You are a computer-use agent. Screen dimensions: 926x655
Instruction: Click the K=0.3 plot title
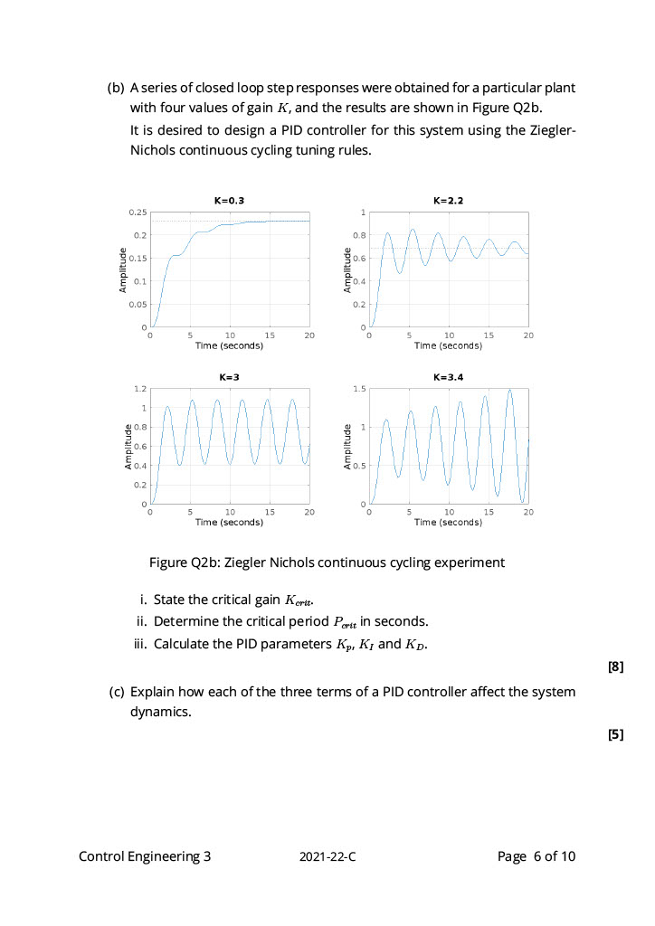coord(230,201)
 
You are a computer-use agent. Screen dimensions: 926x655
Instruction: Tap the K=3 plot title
coord(230,376)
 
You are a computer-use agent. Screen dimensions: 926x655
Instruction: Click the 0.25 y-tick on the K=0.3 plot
coord(138,213)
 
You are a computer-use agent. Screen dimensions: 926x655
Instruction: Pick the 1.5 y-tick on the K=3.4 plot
coord(359,389)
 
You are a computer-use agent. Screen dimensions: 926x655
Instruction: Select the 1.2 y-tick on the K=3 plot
coord(140,389)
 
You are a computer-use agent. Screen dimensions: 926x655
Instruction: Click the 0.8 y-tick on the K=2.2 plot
coord(359,235)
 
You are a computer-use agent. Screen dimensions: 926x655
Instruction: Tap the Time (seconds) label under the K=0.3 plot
coord(230,345)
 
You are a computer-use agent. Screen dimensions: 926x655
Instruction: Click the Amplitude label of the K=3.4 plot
coord(347,446)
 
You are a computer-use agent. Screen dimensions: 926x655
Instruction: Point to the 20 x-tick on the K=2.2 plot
coord(528,335)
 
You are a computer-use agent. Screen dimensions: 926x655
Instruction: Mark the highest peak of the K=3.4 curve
coord(510,390)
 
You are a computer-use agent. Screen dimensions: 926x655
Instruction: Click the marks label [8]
coord(615,667)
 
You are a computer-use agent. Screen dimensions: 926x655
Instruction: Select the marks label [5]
coord(615,734)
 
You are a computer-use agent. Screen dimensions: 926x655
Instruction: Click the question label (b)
coord(116,89)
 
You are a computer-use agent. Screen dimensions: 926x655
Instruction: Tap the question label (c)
coord(116,692)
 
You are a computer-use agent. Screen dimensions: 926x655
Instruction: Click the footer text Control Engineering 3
coord(145,856)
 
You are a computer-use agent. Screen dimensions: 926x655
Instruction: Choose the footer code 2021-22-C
coord(327,857)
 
